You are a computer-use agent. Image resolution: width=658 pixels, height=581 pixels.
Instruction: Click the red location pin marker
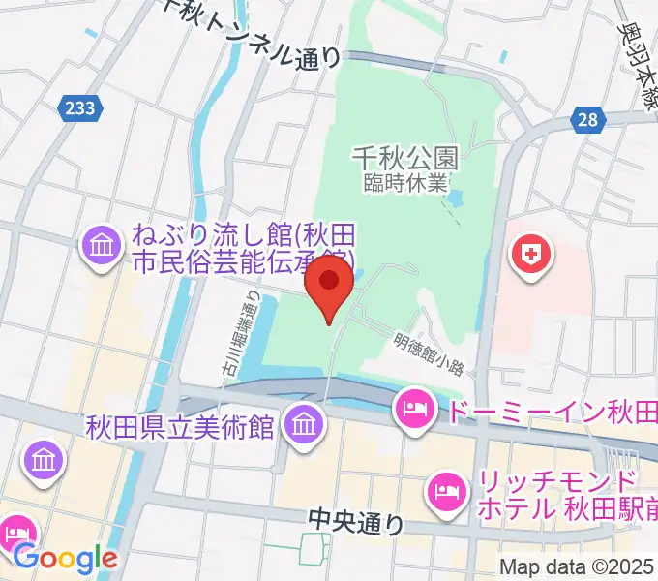329,288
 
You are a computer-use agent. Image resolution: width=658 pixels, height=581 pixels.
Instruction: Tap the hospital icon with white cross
530,256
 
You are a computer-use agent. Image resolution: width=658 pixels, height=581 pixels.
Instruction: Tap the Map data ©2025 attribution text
576,567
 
